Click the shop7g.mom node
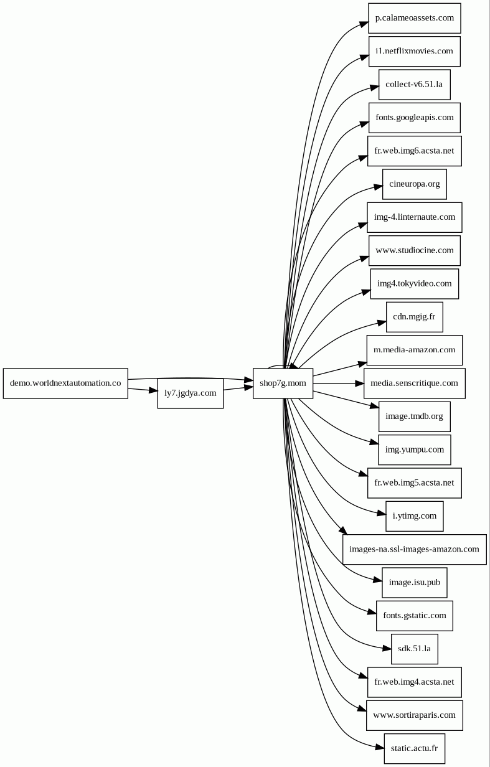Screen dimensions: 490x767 point(283,383)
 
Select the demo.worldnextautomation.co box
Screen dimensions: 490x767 point(65,383)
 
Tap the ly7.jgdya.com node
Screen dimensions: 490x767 point(191,393)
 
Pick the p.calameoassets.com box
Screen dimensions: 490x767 point(414,18)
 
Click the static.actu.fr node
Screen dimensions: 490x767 point(414,748)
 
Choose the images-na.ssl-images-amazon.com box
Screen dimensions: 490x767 point(414,549)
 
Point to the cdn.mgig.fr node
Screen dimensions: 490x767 point(414,317)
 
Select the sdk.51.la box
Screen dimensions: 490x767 point(414,649)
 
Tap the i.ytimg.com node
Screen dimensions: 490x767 point(414,516)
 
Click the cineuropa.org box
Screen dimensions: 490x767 point(414,184)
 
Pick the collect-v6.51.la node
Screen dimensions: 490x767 point(414,85)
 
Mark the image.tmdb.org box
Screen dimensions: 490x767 point(414,416)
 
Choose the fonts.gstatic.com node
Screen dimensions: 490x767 point(414,615)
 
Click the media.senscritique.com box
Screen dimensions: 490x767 point(414,383)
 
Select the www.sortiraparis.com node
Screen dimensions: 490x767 point(414,715)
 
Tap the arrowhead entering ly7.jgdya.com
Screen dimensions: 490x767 point(153,390)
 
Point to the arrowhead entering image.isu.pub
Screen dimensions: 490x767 point(378,580)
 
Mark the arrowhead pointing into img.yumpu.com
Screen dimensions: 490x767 point(374,443)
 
